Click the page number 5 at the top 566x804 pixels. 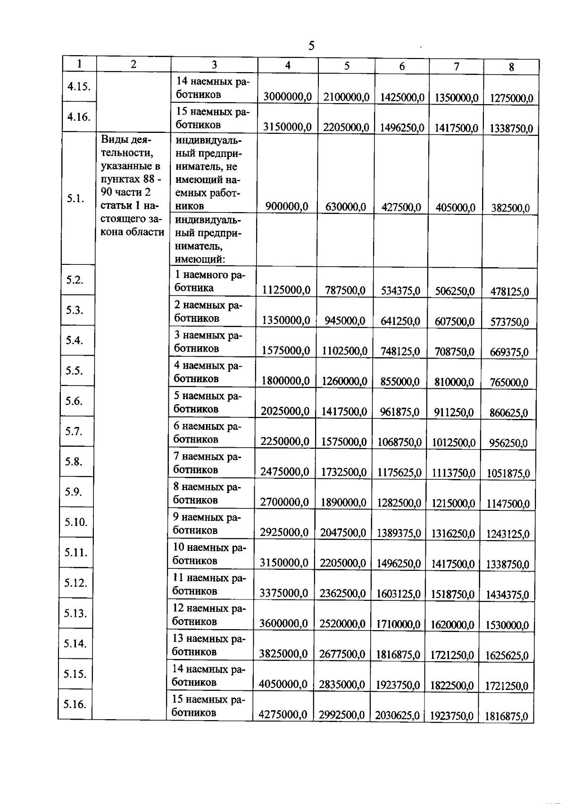(x=311, y=46)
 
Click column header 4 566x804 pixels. (x=287, y=65)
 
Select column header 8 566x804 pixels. (x=511, y=67)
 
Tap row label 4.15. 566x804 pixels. (x=79, y=86)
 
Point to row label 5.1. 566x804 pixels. (x=75, y=198)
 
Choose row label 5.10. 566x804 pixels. (x=76, y=522)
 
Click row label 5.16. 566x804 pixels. (x=75, y=704)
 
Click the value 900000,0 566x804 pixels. (x=287, y=206)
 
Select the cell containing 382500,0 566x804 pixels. (x=510, y=208)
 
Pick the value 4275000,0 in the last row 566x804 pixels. (x=283, y=714)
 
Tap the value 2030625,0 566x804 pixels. (x=397, y=715)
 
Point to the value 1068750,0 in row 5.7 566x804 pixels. (x=400, y=442)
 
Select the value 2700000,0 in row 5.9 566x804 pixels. (x=284, y=502)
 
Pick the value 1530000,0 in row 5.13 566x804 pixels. (x=508, y=625)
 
